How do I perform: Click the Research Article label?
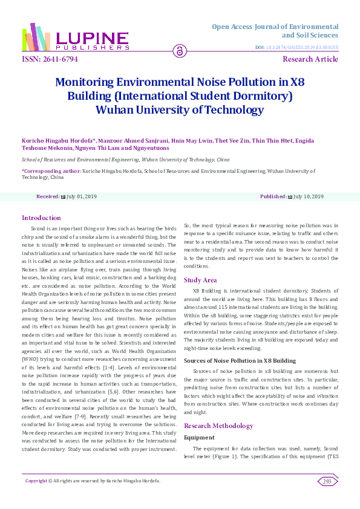click(310, 59)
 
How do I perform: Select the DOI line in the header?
click(296, 47)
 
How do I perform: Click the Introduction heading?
click(41, 218)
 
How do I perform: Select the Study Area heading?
click(200, 280)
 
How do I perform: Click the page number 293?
click(327, 481)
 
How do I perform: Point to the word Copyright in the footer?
click(36, 481)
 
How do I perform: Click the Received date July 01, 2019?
click(82, 197)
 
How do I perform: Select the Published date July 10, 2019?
click(309, 197)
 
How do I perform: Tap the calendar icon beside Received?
click(63, 197)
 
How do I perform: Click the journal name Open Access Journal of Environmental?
click(275, 27)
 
